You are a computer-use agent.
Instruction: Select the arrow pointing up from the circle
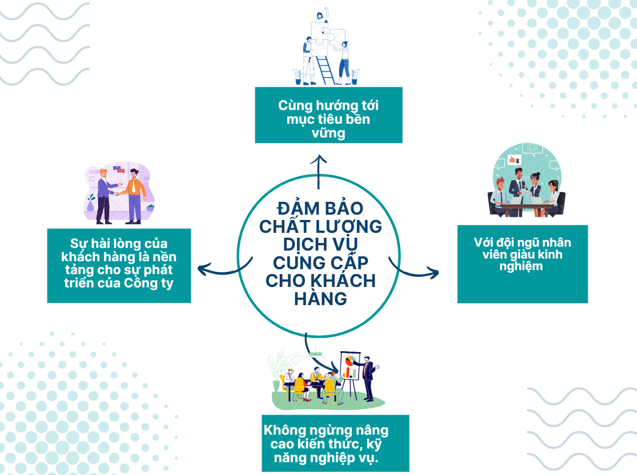[x=318, y=172]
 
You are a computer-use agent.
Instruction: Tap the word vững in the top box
[x=328, y=133]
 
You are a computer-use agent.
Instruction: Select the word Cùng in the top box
[x=295, y=106]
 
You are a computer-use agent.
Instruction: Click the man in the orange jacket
[x=134, y=196]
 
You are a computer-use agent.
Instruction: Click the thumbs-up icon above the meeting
[x=514, y=160]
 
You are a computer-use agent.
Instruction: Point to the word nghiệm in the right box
[x=521, y=267]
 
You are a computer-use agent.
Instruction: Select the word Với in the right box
[x=484, y=242]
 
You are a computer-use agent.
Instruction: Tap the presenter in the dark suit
[x=368, y=378]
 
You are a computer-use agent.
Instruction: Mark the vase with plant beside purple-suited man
[x=91, y=203]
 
